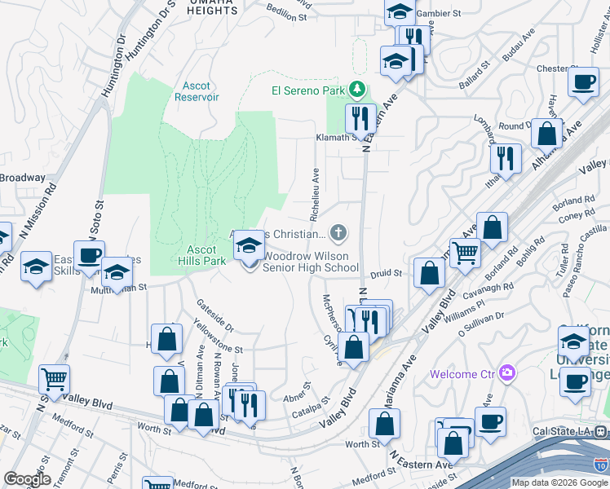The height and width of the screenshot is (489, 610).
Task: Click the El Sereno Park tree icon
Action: tap(356, 89)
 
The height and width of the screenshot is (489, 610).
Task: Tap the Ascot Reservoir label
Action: tap(197, 90)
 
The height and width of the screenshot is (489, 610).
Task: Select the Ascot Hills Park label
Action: tap(201, 256)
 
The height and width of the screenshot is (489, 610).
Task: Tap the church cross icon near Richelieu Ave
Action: tap(338, 234)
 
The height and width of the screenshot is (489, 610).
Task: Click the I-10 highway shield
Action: tap(600, 465)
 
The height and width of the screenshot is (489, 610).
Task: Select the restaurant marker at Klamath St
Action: tap(359, 119)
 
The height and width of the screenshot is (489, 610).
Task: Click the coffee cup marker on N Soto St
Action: tap(89, 254)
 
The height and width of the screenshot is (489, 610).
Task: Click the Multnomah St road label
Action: tap(118, 288)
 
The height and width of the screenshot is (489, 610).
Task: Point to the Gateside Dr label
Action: tap(214, 315)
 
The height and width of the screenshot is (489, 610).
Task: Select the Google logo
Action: tap(27, 480)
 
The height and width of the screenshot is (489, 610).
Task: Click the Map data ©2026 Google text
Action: tap(559, 482)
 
